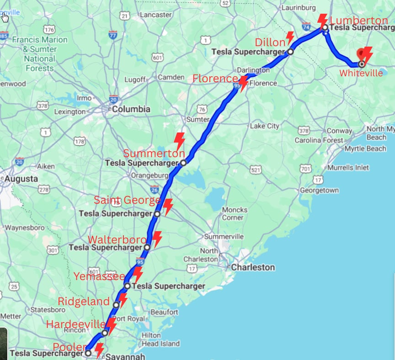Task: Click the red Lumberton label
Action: [x=359, y=20]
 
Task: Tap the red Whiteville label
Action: [x=361, y=73]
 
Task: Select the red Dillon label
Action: [x=270, y=42]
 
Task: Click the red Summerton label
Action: [x=154, y=153]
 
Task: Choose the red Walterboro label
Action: [x=117, y=240]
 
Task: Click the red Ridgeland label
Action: [x=84, y=301]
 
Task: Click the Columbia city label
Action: [x=131, y=109]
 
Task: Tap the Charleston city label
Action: [x=253, y=267]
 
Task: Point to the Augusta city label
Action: [x=21, y=179]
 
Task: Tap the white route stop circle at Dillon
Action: [x=290, y=52]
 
